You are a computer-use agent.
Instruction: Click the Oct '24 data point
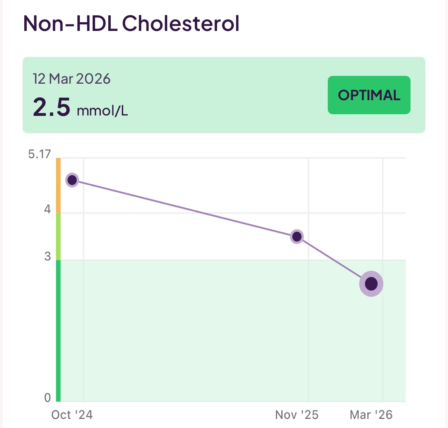pyautogui.click(x=72, y=180)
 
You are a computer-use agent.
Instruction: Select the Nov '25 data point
pyautogui.click(x=296, y=237)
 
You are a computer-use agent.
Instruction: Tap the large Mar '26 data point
pyautogui.click(x=371, y=284)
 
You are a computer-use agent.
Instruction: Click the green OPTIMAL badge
pyautogui.click(x=369, y=95)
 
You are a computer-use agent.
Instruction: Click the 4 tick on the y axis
pyautogui.click(x=47, y=210)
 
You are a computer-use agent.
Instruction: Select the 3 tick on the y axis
pyautogui.click(x=47, y=257)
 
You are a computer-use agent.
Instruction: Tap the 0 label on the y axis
pyautogui.click(x=47, y=398)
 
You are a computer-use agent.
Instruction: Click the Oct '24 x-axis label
pyautogui.click(x=72, y=415)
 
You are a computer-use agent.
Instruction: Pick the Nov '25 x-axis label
pyautogui.click(x=296, y=415)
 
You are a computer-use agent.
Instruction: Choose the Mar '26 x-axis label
pyautogui.click(x=371, y=415)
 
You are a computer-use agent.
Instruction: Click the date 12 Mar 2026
pyautogui.click(x=72, y=79)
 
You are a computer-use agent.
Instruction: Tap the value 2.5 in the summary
pyautogui.click(x=51, y=108)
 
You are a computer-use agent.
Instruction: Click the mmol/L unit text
pyautogui.click(x=102, y=111)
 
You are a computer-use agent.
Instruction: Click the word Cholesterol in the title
pyautogui.click(x=181, y=24)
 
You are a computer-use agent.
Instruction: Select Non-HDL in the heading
pyautogui.click(x=70, y=24)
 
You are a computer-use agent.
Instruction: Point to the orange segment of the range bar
pyautogui.click(x=58, y=186)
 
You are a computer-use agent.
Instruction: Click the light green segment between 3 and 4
pyautogui.click(x=58, y=236)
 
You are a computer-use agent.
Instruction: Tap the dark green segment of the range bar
pyautogui.click(x=58, y=330)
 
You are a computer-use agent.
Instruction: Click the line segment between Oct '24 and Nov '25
pyautogui.click(x=184, y=209)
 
